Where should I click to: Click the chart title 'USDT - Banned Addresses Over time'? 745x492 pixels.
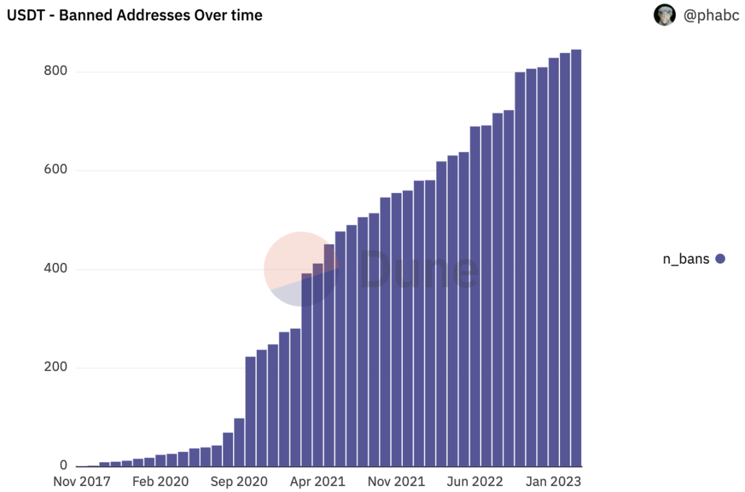(x=135, y=15)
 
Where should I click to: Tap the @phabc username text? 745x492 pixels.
(x=711, y=15)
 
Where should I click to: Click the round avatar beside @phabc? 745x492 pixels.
(x=664, y=15)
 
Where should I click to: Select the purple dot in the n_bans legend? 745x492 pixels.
(x=720, y=259)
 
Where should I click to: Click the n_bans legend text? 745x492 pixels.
(x=686, y=259)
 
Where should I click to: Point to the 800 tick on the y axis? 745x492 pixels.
(x=56, y=71)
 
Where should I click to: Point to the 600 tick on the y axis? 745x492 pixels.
(x=56, y=170)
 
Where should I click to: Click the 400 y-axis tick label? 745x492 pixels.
(x=56, y=269)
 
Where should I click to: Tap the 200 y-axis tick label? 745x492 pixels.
(x=56, y=367)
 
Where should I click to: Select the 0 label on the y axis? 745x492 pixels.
(x=63, y=465)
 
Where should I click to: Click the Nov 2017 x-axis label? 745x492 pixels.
(x=81, y=482)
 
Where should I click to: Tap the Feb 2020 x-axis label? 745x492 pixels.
(x=160, y=482)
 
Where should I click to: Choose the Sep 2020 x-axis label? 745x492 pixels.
(x=239, y=482)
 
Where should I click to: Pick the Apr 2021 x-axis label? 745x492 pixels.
(x=318, y=482)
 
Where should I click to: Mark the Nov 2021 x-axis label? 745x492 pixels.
(x=396, y=482)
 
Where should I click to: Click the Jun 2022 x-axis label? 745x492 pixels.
(x=475, y=482)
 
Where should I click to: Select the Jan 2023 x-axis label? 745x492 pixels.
(x=554, y=482)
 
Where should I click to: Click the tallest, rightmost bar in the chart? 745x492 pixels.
(x=576, y=259)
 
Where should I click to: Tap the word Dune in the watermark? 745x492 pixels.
(x=419, y=269)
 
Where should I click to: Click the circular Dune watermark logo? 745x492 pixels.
(x=301, y=269)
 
